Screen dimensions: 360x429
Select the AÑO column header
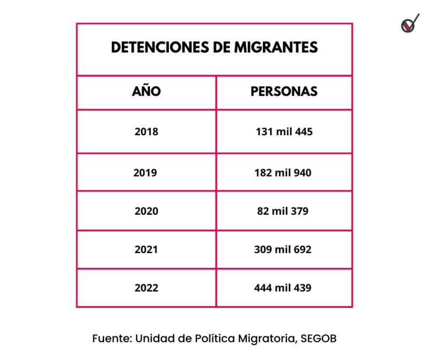146,92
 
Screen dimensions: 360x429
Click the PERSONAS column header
284,92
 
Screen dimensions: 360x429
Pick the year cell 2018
146,131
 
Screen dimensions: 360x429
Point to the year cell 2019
145,173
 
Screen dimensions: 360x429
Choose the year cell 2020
146,211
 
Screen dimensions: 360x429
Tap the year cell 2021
146,250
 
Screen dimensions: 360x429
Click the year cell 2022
146,288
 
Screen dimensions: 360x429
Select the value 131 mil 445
284,131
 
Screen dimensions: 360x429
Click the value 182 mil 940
283,173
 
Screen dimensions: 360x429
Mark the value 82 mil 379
283,211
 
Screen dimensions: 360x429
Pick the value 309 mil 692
283,250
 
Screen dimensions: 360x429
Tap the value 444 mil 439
283,288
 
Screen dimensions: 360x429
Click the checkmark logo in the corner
409,24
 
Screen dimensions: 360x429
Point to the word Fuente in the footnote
111,339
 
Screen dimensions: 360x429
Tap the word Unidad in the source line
152,339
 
